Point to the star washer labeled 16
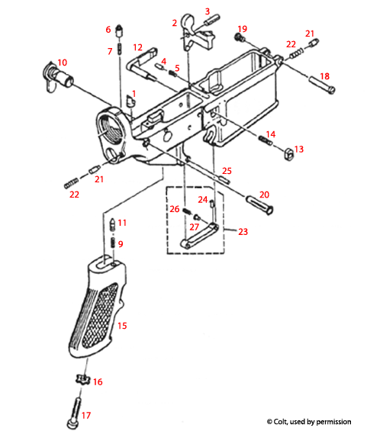coord(83,380)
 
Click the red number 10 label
coord(63,62)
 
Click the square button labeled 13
coord(289,153)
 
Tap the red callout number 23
coord(243,231)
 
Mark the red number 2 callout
coord(175,23)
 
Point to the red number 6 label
coord(108,30)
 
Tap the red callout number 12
coord(138,47)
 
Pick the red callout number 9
coord(120,243)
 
